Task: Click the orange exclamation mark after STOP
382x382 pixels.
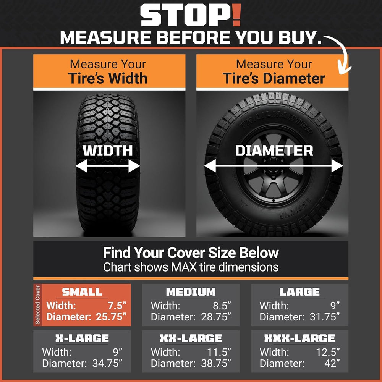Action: coord(236,15)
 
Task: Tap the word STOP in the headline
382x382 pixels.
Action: coord(186,15)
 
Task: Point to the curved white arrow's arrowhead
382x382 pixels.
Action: coord(344,69)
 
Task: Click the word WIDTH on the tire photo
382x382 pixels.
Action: coord(107,150)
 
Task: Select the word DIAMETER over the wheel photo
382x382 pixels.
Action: coord(274,150)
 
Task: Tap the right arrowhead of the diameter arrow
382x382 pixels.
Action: coord(337,166)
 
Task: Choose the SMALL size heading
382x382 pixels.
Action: coord(82,291)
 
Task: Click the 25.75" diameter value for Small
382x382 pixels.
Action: coord(111,317)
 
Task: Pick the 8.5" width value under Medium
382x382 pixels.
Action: coord(222,306)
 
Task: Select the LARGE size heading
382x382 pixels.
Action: coord(299,291)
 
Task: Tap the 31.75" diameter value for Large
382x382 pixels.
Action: coord(324,317)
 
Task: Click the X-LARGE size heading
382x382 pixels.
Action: coord(82,338)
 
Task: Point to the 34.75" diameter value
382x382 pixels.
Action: coord(107,363)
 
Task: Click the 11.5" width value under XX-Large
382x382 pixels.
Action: coord(219,352)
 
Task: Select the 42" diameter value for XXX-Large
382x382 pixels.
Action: coord(332,363)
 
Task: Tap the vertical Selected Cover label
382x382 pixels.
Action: coord(37,305)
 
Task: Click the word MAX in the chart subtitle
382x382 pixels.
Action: coord(184,267)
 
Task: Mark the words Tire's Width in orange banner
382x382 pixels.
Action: coord(108,78)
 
